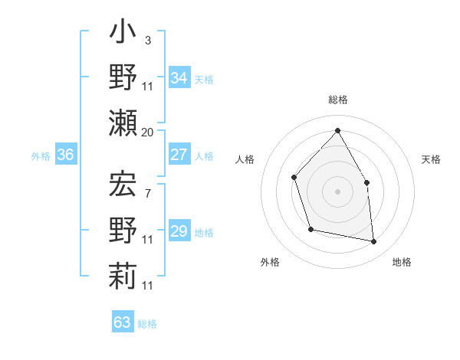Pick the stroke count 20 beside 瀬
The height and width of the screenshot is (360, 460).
[x=148, y=133]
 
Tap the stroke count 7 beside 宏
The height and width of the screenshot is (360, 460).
[x=147, y=195]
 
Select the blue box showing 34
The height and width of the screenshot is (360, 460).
[x=179, y=78]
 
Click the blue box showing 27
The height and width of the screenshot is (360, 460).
[x=179, y=155]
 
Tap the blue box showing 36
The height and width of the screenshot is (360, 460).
[x=66, y=155]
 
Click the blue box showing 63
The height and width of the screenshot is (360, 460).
[x=122, y=322]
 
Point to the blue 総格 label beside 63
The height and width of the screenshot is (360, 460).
[x=147, y=324]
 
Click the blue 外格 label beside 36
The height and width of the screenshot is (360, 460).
[x=41, y=156]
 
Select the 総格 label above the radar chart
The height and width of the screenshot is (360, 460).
[x=338, y=100]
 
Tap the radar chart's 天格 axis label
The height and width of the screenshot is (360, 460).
[x=431, y=159]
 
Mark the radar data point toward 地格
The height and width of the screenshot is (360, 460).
[x=374, y=242]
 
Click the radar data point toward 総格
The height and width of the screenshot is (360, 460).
[x=337, y=130]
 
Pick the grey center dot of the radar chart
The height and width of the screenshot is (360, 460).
[x=337, y=191]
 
